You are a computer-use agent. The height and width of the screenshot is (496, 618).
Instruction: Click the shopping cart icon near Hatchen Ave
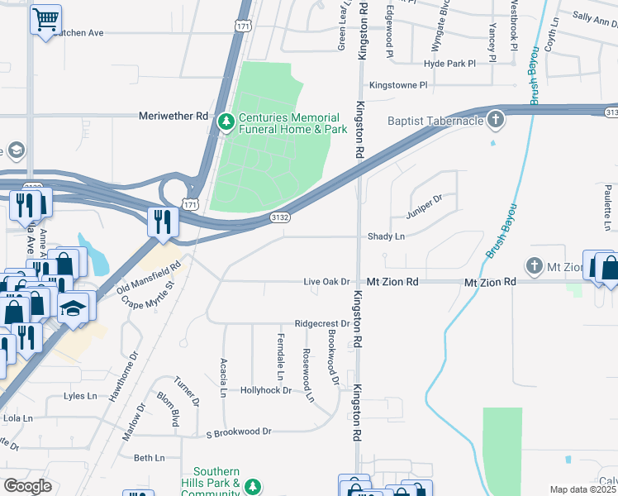point(46,18)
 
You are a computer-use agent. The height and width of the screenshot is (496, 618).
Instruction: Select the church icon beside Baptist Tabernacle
point(496,121)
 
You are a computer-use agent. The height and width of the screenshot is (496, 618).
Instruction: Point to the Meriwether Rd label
point(174,117)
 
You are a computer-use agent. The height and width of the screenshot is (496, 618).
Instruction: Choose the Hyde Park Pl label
point(449,63)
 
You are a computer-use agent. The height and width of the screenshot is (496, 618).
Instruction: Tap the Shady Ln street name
point(387,236)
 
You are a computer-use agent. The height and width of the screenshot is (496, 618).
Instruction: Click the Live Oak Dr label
point(327,282)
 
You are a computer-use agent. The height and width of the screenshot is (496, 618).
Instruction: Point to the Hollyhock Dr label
point(265,389)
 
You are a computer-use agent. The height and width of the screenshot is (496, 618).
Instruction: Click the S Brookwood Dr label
point(239,432)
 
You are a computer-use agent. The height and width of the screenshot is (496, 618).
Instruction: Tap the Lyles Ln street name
point(80,396)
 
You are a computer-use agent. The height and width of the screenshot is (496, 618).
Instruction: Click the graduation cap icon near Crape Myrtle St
point(73,308)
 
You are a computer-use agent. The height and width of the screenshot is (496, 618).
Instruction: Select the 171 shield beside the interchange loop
point(191,203)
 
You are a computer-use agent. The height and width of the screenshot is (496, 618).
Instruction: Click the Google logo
point(27,486)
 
